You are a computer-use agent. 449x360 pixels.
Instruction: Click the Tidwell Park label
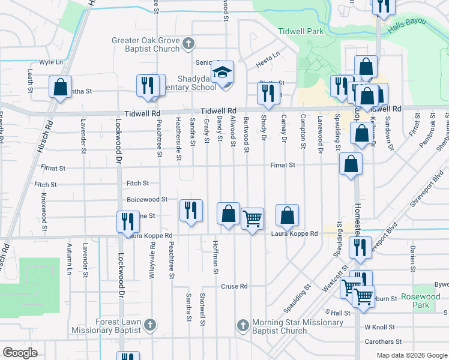(301, 31)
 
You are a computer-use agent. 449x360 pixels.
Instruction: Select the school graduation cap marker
(221, 73)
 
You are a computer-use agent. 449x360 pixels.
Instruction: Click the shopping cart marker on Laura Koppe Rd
(252, 218)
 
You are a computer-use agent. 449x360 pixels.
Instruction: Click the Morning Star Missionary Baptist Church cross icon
(243, 325)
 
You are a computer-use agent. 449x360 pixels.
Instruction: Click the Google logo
(20, 353)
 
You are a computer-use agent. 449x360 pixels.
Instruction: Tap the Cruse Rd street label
(234, 286)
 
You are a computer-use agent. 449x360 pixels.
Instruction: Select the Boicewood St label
(147, 199)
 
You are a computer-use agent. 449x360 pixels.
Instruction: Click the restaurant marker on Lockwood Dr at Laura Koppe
(127, 221)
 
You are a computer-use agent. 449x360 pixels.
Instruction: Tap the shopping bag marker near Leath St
(60, 87)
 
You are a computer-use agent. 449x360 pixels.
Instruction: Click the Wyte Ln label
(51, 62)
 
